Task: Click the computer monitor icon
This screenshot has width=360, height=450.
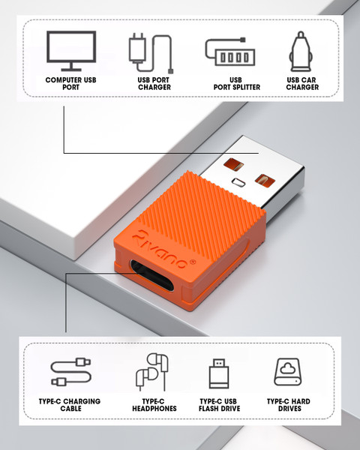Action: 71,51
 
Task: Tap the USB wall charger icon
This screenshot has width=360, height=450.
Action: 151,52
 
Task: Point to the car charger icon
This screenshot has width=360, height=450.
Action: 301,51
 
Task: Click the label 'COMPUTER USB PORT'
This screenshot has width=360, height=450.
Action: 71,83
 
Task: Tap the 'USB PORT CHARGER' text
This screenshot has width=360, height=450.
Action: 154,83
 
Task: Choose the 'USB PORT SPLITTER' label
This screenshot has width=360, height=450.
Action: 236,83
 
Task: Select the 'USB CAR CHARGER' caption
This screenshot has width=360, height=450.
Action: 302,83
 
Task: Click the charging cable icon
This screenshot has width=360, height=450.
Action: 71,372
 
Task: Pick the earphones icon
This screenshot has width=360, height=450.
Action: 151,372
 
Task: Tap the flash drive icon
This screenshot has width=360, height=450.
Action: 219,373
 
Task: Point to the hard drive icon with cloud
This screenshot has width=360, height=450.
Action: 288,372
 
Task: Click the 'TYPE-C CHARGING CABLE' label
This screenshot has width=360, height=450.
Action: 70,405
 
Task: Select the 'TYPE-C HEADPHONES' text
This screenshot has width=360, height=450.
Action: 154,405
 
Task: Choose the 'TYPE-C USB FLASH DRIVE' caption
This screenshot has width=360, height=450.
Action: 219,405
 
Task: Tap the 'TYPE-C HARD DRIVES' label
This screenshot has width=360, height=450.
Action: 289,405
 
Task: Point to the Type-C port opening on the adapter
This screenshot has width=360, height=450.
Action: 152,275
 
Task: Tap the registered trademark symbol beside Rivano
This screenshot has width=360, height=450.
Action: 193,262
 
